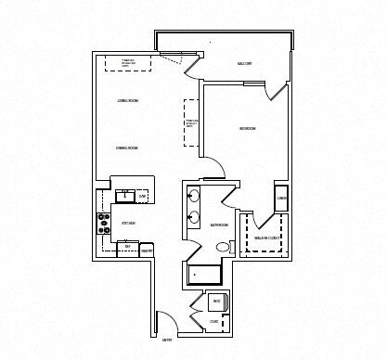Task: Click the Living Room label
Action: click(x=128, y=100)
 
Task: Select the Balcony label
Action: click(x=245, y=63)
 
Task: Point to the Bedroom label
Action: click(x=248, y=128)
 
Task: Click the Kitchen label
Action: click(x=129, y=223)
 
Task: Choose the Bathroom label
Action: click(x=220, y=225)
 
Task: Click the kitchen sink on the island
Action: click(x=124, y=197)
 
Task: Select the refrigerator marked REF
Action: click(x=128, y=248)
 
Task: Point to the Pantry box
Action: click(x=146, y=250)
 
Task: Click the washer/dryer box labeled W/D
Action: click(x=215, y=302)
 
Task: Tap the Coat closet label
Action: click(x=214, y=321)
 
